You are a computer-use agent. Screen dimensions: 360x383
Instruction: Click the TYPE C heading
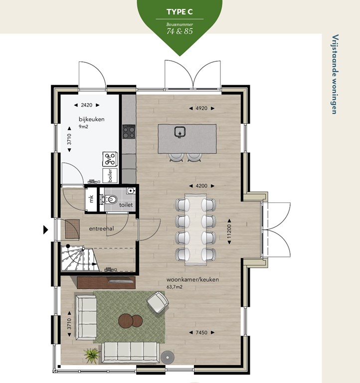coord(180,12)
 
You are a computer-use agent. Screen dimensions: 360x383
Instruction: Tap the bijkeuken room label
coord(92,119)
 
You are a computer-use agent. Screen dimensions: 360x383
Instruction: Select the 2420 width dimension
coord(87,105)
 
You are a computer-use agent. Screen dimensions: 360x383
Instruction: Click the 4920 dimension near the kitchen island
coord(201,108)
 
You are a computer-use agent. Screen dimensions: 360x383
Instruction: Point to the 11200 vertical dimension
coord(229,231)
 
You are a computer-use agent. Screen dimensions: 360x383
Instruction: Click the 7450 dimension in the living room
coord(202,333)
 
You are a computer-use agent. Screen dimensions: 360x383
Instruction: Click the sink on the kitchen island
coord(180,132)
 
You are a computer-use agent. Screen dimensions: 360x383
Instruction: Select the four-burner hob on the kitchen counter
coord(129,132)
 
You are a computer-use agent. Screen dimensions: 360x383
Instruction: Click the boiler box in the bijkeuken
coord(110,176)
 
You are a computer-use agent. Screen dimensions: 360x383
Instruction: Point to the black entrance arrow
coord(46,230)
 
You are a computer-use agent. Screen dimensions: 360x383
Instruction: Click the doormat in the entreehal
coord(72,228)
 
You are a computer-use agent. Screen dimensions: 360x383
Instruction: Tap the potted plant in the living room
coord(91,355)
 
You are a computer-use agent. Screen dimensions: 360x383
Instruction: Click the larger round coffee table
coord(126,321)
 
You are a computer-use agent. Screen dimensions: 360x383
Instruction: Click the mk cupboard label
coord(91,199)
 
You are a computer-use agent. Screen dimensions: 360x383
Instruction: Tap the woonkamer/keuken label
coord(192,280)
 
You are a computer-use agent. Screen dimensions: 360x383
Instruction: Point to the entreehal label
coord(101,228)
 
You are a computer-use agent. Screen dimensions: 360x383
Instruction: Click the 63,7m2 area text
coord(175,287)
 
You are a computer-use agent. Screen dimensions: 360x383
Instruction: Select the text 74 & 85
coord(180,31)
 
